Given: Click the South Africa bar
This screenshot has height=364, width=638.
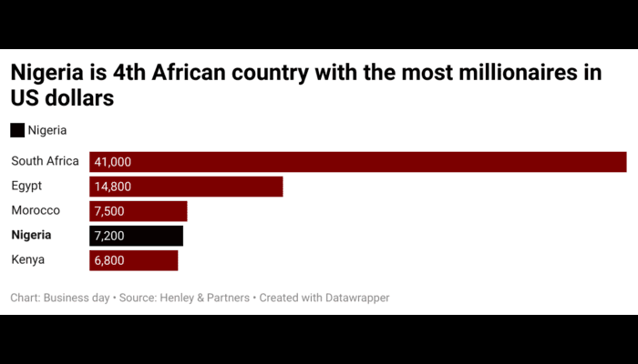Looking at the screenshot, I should [357, 162].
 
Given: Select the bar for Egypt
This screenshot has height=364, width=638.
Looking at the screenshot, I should [186, 187].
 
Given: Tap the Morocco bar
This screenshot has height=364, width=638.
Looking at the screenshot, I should [139, 211].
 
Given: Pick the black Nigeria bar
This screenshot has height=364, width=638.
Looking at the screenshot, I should [137, 236].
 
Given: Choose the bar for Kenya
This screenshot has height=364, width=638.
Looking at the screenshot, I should [134, 260].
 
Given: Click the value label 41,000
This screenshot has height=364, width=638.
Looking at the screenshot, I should [113, 162].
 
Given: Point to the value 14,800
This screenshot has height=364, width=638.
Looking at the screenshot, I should [113, 187].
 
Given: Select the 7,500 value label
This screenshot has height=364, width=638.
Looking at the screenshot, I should [109, 211].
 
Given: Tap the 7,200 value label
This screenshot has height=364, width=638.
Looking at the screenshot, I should [109, 236].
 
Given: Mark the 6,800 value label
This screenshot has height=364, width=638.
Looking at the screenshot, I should [109, 260].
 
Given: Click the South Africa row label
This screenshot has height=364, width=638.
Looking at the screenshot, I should [46, 162].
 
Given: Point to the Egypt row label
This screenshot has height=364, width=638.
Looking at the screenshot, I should [27, 187].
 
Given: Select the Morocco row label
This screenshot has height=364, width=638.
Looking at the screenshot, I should [36, 211].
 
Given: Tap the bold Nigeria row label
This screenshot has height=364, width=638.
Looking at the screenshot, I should [32, 236].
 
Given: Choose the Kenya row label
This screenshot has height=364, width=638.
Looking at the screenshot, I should [28, 260].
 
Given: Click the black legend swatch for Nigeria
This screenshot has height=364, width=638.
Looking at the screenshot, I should [17, 130].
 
